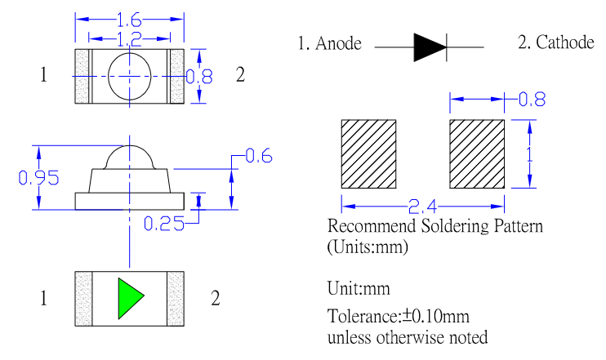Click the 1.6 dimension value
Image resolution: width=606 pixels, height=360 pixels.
point(129,18)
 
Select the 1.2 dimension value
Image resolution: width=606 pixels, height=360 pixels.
point(129,38)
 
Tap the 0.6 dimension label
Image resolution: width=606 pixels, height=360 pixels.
point(257,157)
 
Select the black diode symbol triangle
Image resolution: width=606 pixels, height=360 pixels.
point(430,47)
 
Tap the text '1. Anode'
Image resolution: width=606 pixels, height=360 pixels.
point(329,44)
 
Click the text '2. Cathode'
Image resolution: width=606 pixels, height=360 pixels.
point(555,42)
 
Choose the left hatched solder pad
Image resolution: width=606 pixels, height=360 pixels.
point(368,153)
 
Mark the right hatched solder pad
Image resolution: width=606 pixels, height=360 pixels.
point(477,153)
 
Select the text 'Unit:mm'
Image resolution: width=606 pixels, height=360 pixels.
point(358,288)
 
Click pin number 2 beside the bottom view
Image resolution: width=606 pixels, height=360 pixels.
point(216,299)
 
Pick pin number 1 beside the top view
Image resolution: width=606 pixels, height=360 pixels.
point(43,76)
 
